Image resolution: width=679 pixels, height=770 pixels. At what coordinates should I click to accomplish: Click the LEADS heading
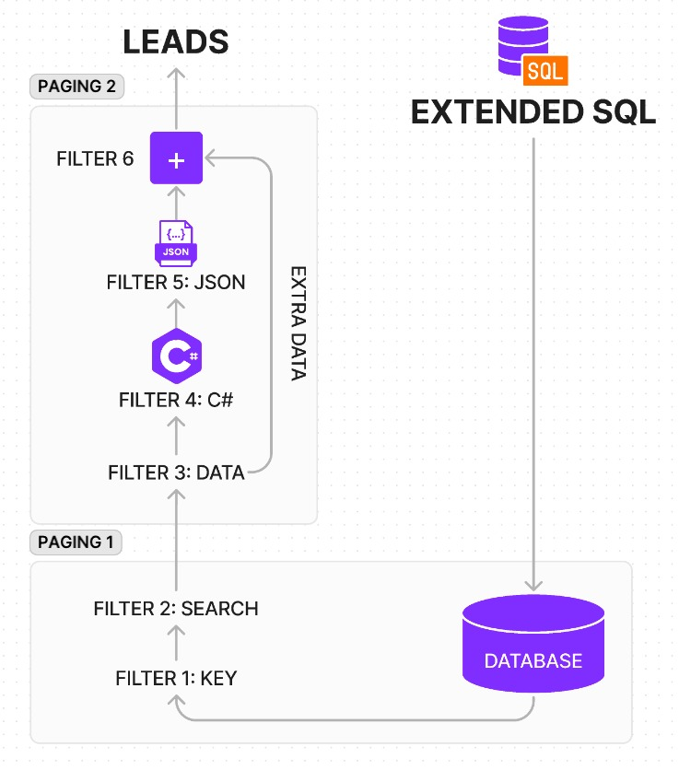pos(176,41)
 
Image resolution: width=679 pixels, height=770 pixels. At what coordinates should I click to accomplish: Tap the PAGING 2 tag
pos(77,87)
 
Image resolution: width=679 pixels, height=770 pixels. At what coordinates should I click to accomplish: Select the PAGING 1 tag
pos(76,542)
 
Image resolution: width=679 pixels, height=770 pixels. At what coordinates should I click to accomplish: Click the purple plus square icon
pos(176,159)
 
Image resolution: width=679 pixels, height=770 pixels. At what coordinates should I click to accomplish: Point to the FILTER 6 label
pos(95,159)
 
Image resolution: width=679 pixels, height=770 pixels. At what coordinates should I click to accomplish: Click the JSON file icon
pos(176,242)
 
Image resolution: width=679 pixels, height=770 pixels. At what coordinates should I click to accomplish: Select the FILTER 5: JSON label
pos(176,282)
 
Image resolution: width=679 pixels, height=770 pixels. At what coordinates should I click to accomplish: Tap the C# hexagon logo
pos(176,356)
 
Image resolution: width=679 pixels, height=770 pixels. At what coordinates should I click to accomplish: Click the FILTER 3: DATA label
pos(176,473)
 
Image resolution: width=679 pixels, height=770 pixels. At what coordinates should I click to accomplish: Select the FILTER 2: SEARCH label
pos(176,609)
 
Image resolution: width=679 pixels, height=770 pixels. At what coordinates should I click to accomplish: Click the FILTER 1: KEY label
pos(176,679)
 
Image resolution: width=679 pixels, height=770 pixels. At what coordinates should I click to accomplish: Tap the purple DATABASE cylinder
pos(533,645)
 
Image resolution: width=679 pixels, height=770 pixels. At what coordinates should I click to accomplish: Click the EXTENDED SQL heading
pos(533,112)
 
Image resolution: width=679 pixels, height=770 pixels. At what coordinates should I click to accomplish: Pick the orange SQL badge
pos(545,68)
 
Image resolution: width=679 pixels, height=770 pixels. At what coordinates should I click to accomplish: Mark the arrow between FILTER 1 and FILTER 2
pos(176,644)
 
